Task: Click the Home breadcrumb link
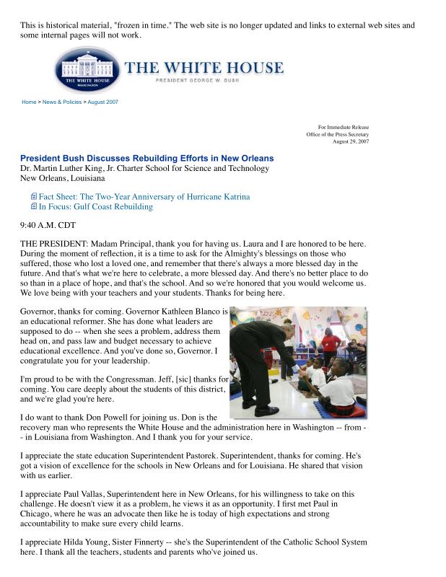pos(29,102)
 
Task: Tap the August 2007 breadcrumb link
pos(103,102)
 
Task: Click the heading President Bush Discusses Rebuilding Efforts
pos(147,158)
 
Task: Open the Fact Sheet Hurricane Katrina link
pos(144,196)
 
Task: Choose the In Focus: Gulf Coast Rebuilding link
pos(95,207)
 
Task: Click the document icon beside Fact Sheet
pos(33,196)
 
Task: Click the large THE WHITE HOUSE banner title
pos(204,69)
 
